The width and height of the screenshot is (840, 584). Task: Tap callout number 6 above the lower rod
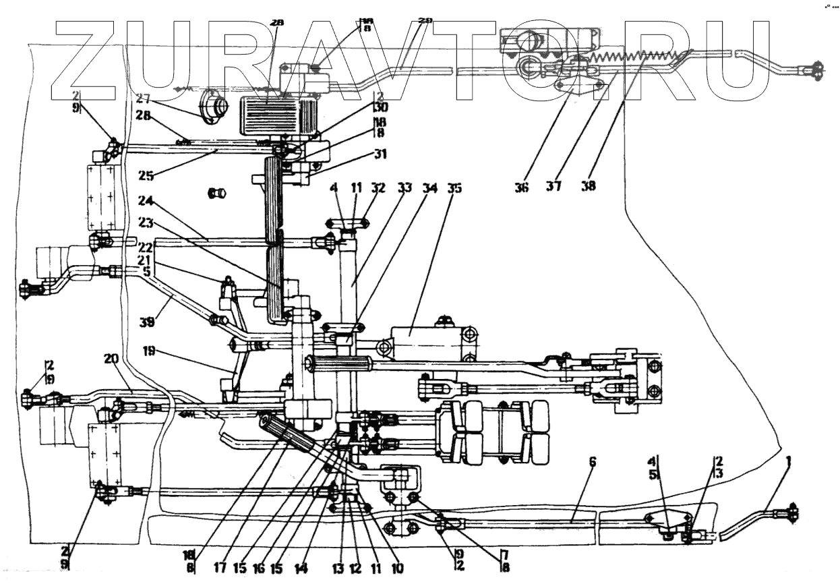pos(593,462)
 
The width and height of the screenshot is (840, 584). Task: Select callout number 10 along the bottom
pos(397,568)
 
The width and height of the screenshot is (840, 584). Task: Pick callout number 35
pos(454,189)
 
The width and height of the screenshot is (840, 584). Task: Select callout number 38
pos(589,187)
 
